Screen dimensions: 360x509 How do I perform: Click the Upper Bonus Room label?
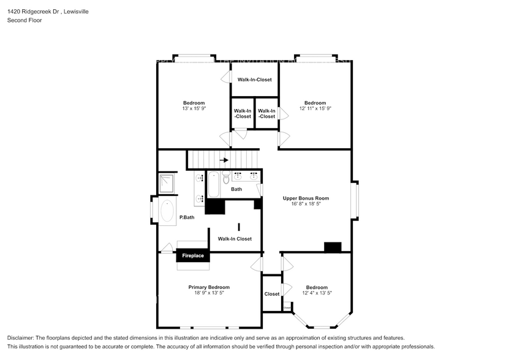click(306, 198)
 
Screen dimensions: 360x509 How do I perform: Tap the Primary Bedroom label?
click(209, 287)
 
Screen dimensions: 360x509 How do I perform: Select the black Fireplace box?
click(193, 256)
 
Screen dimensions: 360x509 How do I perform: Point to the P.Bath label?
click(187, 217)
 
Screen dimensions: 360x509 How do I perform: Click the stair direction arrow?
click(224, 160)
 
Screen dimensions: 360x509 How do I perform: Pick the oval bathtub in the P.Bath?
click(167, 211)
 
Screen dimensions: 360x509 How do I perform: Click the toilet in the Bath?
click(226, 178)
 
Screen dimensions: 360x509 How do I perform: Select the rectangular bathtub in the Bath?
click(213, 185)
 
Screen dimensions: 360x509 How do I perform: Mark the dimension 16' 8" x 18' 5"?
click(306, 205)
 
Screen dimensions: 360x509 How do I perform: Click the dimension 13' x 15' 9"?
click(194, 108)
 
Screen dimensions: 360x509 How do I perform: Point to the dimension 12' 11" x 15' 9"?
click(315, 108)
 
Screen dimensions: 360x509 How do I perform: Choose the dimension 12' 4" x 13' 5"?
click(317, 293)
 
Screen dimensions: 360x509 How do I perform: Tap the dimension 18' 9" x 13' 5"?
click(209, 293)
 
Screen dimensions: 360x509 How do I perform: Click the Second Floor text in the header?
click(24, 20)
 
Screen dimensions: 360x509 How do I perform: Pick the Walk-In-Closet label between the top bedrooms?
click(255, 80)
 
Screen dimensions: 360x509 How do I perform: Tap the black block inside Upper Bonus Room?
click(333, 247)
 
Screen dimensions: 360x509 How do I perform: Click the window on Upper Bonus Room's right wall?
click(355, 201)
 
